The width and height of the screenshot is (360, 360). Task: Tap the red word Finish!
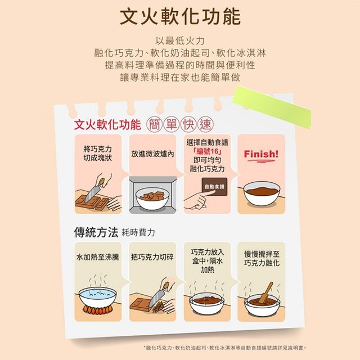click(261, 154)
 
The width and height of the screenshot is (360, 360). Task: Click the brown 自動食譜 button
click(214, 187)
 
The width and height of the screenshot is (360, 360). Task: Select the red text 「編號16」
click(207, 151)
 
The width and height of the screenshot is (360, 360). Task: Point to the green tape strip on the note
click(272, 107)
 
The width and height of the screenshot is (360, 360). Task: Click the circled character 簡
click(155, 125)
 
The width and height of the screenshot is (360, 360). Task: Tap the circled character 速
click(205, 125)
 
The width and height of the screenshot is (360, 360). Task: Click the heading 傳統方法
click(96, 232)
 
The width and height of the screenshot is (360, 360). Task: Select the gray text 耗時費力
click(138, 232)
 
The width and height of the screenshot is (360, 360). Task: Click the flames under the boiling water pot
click(98, 310)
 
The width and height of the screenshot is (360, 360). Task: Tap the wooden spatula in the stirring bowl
click(266, 292)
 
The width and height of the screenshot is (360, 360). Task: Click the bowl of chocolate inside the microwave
click(152, 198)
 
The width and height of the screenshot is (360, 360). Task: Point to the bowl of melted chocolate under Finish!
click(262, 193)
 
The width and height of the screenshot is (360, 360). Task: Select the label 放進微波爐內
click(152, 154)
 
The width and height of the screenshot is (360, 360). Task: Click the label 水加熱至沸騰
click(98, 257)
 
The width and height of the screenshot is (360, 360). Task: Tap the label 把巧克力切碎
click(152, 257)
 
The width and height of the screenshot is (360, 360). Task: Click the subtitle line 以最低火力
click(180, 41)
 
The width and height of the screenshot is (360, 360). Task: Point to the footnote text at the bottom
click(225, 348)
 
